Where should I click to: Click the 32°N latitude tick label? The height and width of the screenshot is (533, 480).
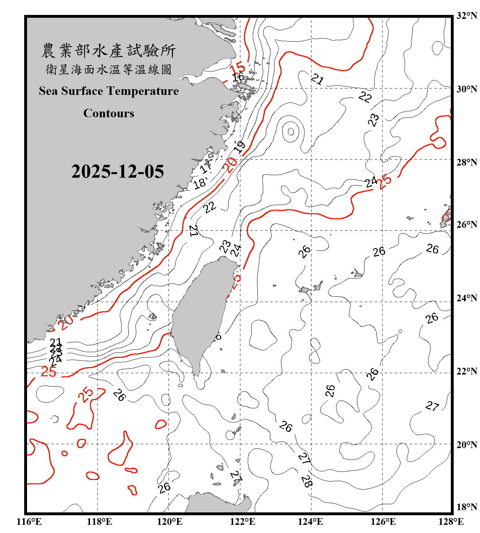[466, 16]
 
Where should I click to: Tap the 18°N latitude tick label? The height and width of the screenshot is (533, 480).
[466, 507]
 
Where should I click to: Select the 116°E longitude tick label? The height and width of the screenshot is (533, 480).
[29, 522]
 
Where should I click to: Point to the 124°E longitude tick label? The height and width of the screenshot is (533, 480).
[310, 522]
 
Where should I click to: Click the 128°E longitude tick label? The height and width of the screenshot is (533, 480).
[451, 522]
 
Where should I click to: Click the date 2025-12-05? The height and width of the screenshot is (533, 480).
[117, 172]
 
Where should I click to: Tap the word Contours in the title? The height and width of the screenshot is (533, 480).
[109, 113]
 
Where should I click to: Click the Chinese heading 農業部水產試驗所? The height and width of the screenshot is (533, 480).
[108, 50]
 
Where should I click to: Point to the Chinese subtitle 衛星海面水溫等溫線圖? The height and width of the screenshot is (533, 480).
[108, 69]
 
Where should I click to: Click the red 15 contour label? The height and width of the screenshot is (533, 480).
[238, 68]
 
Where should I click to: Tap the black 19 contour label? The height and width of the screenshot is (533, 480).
[240, 146]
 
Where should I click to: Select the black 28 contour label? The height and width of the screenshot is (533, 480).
[306, 481]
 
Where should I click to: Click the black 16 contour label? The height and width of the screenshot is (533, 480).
[238, 77]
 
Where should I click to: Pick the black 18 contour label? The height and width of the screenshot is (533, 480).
[199, 183]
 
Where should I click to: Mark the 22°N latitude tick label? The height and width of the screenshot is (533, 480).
[466, 371]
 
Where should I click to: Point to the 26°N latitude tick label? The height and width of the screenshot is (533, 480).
[466, 225]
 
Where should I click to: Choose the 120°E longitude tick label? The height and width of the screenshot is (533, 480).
[170, 522]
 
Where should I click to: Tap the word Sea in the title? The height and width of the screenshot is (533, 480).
[49, 91]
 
